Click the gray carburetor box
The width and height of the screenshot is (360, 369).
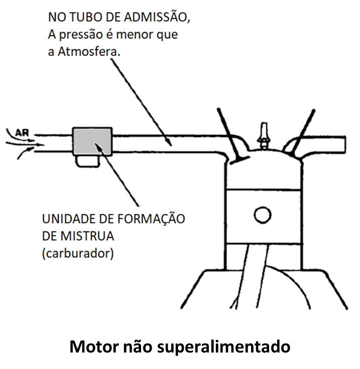click(x=92, y=142)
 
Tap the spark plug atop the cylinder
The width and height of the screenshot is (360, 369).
click(x=264, y=136)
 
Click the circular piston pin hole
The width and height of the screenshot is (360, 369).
click(x=263, y=215)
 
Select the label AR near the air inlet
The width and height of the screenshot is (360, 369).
click(x=22, y=133)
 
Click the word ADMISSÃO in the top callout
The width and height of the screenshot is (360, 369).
click(x=157, y=17)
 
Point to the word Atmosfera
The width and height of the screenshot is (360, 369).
click(x=89, y=52)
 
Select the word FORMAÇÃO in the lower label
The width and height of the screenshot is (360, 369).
click(x=151, y=219)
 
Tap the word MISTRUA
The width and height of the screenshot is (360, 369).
click(x=87, y=236)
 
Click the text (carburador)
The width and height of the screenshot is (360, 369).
click(x=78, y=254)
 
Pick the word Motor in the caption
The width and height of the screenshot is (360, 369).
click(x=94, y=346)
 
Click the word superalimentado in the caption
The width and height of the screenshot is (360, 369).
click(x=223, y=347)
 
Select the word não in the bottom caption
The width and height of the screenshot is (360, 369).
click(x=138, y=347)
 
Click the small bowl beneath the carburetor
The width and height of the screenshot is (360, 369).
click(x=87, y=161)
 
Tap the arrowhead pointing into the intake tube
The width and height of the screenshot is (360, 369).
click(x=169, y=142)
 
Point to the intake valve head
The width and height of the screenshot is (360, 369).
click(x=239, y=160)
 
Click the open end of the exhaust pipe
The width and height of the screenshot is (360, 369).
click(x=345, y=144)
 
